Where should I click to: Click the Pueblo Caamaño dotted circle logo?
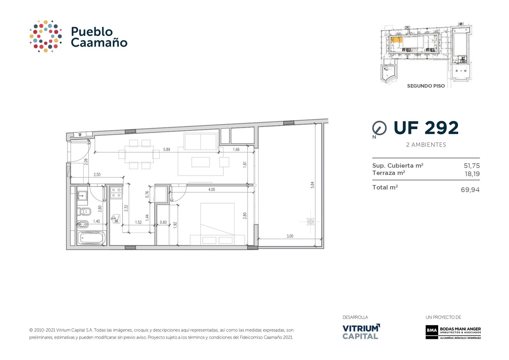[x=46, y=36]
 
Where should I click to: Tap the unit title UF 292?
[x=426, y=128]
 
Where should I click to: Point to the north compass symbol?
[x=379, y=128]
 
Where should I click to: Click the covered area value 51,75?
[x=471, y=166]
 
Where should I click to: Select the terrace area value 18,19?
[x=472, y=174]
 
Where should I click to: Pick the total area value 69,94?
[x=470, y=190]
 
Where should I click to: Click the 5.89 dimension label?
[x=167, y=149]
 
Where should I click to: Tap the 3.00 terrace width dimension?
[x=290, y=236]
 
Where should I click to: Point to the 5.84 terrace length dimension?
[x=312, y=185]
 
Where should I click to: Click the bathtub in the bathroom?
[x=91, y=238]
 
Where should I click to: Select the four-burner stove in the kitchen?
[x=116, y=192]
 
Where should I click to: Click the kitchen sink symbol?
[x=116, y=219]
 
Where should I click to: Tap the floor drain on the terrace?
[x=310, y=221]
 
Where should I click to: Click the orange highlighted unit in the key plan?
[x=396, y=40]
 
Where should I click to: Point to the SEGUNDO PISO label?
[x=426, y=86]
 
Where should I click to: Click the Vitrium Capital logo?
[x=361, y=331]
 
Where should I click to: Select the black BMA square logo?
[x=432, y=330]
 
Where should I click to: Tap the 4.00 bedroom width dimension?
[x=212, y=190]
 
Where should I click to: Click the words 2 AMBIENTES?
[x=426, y=145]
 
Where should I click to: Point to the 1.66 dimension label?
[x=236, y=149]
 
